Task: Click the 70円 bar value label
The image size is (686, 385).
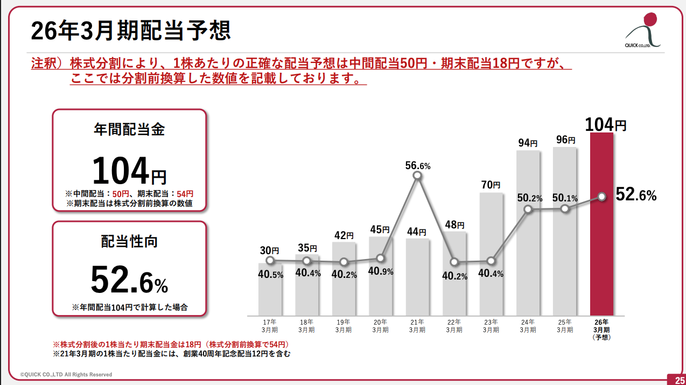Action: click(x=491, y=185)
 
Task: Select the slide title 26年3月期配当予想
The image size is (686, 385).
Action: click(x=131, y=31)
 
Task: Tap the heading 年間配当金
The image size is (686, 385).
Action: click(x=129, y=130)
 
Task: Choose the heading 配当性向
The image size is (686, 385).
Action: click(x=129, y=242)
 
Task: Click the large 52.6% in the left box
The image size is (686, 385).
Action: click(x=129, y=280)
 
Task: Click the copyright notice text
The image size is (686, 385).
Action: click(x=66, y=374)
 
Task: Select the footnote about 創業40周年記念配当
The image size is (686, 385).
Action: click(x=171, y=354)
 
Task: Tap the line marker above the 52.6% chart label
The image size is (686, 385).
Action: click(x=601, y=197)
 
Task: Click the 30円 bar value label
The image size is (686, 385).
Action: click(x=269, y=250)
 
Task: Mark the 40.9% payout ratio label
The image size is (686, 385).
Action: click(x=380, y=271)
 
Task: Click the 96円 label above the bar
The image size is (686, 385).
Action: click(x=565, y=140)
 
